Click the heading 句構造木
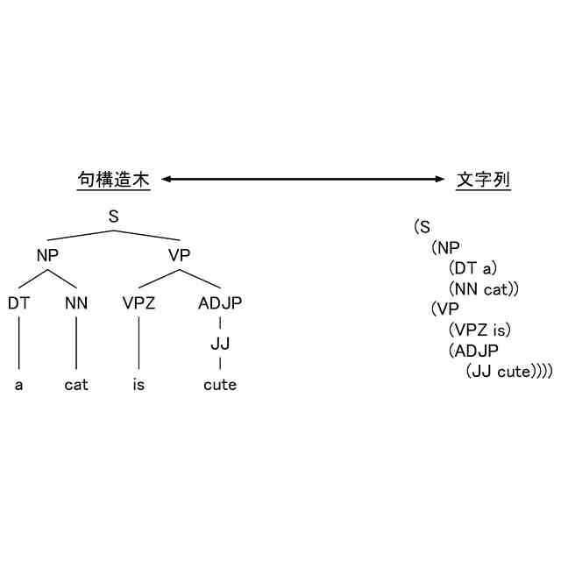(113, 180)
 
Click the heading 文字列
(484, 180)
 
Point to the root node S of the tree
(113, 216)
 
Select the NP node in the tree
(47, 255)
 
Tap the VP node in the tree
(180, 255)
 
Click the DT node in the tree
(18, 303)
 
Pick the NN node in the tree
(76, 303)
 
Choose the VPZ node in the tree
(138, 303)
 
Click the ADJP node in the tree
(219, 303)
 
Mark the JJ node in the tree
(219, 343)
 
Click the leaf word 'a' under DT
(18, 385)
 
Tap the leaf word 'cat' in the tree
(76, 385)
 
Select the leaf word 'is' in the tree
(138, 385)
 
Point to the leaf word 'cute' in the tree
(219, 385)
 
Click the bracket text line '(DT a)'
(472, 267)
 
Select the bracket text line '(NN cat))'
(485, 288)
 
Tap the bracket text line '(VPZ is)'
(479, 330)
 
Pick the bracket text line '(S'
(423, 226)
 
